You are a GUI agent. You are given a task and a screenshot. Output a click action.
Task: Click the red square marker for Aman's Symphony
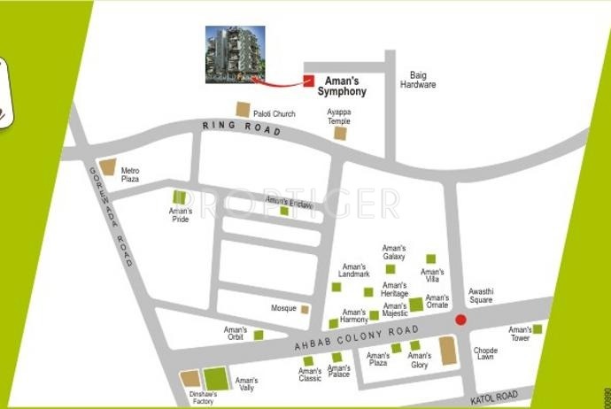[309, 81]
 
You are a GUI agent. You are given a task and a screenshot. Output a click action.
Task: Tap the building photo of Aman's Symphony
[235, 55]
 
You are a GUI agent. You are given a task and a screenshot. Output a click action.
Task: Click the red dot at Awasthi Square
[460, 320]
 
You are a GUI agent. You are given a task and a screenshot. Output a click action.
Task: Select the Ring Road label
[242, 130]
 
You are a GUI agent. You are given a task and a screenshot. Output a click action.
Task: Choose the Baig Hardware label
[418, 81]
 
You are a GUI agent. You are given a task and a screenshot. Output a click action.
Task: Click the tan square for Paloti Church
[243, 110]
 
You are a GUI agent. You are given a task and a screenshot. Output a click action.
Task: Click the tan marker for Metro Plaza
[107, 167]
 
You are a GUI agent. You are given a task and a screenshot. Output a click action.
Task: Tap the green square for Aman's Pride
[180, 197]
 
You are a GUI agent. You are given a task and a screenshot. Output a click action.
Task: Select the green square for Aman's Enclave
[284, 211]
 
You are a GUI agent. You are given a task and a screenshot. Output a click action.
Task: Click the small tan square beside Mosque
[305, 309]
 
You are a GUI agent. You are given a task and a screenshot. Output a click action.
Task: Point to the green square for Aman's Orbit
[259, 335]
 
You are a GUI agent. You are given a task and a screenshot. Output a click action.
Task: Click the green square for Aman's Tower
[537, 329]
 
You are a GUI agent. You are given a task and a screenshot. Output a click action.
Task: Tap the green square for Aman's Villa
[431, 259]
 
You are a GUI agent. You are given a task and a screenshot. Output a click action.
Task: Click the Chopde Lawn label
[485, 354]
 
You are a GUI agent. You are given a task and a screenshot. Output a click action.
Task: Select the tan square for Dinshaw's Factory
[190, 379]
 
